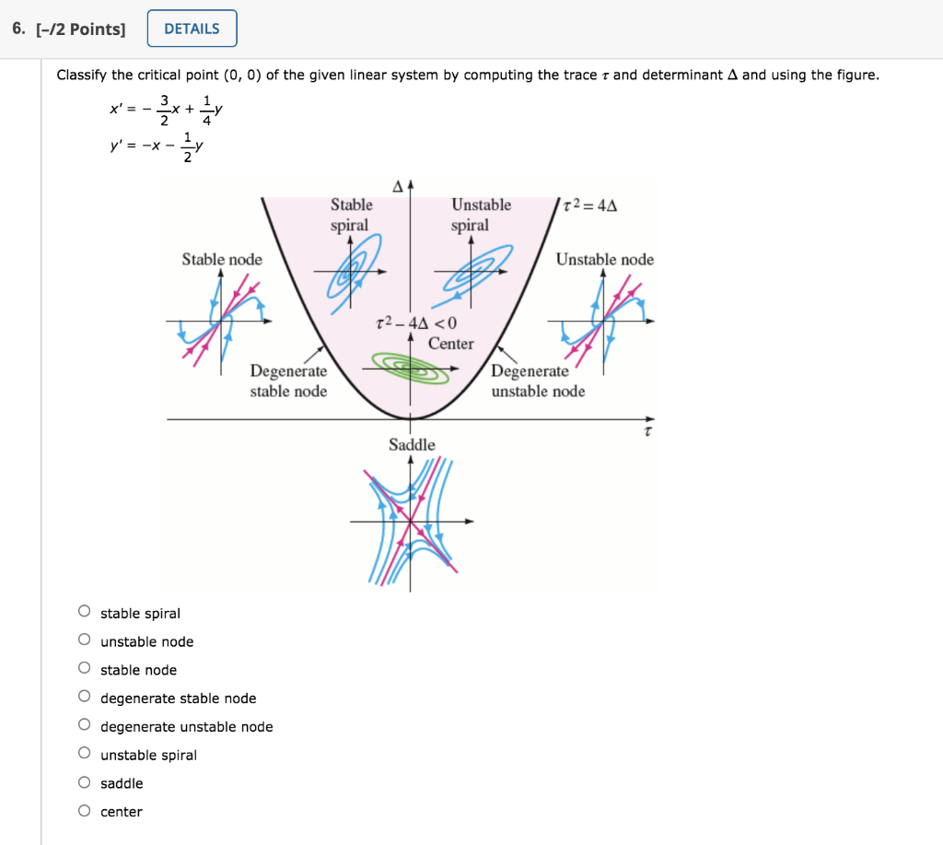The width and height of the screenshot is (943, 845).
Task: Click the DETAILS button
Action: pyautogui.click(x=192, y=29)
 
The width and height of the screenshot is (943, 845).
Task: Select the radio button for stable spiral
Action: pyautogui.click(x=85, y=611)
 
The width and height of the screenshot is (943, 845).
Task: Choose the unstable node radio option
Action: pyautogui.click(x=85, y=640)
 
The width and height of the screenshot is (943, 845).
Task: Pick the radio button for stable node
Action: pyautogui.click(x=85, y=668)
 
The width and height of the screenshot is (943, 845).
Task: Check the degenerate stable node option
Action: pyautogui.click(x=85, y=697)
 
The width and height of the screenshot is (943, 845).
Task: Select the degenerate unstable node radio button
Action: pyautogui.click(x=85, y=725)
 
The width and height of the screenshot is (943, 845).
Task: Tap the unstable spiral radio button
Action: pyautogui.click(x=85, y=754)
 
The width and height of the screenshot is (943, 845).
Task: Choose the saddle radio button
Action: pyautogui.click(x=85, y=782)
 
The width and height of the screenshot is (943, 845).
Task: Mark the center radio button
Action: pyautogui.click(x=85, y=811)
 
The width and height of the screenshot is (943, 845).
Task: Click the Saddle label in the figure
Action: pyautogui.click(x=412, y=445)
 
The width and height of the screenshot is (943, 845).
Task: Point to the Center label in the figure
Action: pyautogui.click(x=450, y=344)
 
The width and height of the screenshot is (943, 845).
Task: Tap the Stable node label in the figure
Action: pyautogui.click(x=222, y=260)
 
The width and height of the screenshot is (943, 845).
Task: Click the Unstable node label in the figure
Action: pyautogui.click(x=604, y=260)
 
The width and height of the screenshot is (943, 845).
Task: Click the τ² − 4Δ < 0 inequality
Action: pyautogui.click(x=416, y=323)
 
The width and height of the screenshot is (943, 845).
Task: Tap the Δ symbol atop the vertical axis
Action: pyautogui.click(x=398, y=185)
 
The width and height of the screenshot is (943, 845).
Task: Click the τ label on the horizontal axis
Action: pyautogui.click(x=648, y=430)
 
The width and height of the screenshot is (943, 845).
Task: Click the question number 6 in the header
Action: pyautogui.click(x=17, y=29)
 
